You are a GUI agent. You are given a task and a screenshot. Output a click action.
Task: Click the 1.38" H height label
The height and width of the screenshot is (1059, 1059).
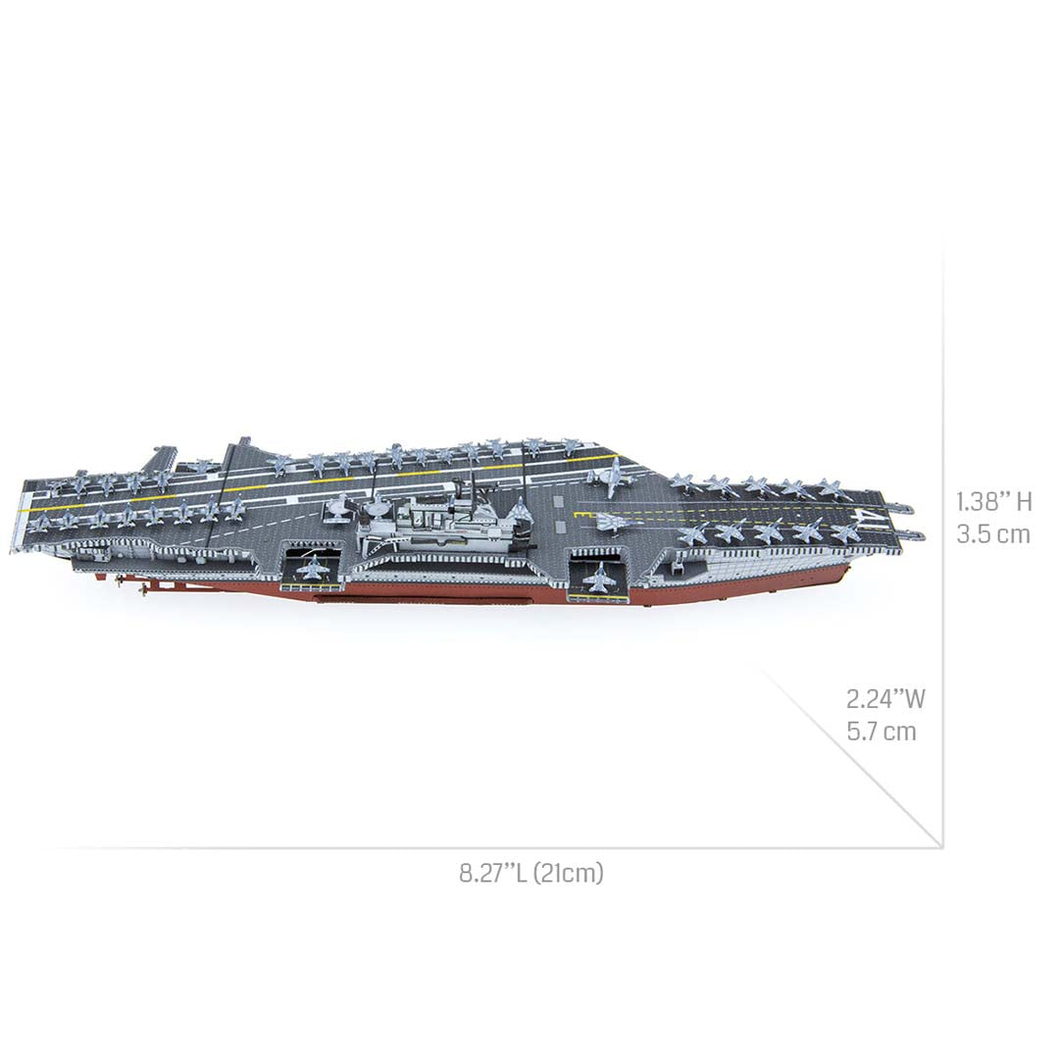click(993, 502)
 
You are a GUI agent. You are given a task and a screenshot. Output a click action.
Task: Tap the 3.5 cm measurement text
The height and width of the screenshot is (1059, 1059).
click(993, 534)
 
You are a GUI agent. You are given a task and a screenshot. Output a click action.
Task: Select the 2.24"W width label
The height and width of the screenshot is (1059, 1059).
click(885, 698)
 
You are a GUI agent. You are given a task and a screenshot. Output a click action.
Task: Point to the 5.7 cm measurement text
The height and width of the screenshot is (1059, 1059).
click(882, 731)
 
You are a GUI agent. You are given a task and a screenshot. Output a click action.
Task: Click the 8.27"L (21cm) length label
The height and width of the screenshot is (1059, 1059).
click(530, 873)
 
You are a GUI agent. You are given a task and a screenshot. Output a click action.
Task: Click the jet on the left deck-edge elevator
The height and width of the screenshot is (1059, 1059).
click(311, 569)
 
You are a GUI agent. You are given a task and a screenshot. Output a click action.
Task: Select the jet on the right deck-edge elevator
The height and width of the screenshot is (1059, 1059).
click(598, 577)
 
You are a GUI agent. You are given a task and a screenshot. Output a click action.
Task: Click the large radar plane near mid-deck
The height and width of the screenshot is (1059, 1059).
click(608, 478)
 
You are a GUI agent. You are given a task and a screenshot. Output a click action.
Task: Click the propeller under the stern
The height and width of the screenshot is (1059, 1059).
click(147, 589)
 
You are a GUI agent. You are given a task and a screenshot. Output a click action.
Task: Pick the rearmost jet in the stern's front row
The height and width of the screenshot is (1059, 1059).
click(39, 523)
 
